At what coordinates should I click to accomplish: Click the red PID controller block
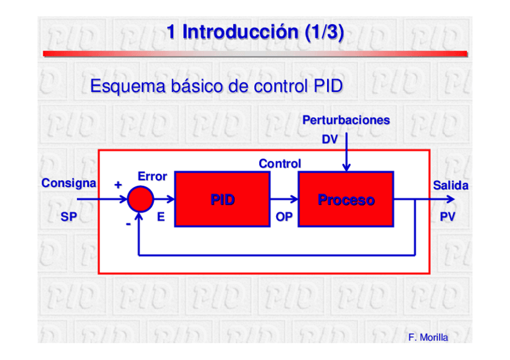click(222, 199)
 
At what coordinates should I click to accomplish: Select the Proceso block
click(346, 199)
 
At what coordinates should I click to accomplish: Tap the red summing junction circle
click(141, 198)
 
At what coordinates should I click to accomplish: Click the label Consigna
click(69, 183)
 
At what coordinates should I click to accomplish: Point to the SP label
click(69, 218)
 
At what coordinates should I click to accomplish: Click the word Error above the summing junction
click(152, 176)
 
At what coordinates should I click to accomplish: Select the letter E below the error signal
click(161, 218)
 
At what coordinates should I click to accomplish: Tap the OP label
click(284, 218)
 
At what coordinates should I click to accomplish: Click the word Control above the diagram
click(280, 163)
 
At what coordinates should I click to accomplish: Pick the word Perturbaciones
click(346, 120)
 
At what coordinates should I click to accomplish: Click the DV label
click(330, 139)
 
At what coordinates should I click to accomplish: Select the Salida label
click(450, 186)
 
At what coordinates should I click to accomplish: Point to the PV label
click(447, 218)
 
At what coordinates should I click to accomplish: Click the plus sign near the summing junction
click(118, 185)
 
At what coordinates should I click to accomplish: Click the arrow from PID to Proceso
click(284, 198)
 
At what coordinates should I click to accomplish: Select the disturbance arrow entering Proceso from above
click(346, 153)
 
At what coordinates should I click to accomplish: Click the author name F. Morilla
click(428, 337)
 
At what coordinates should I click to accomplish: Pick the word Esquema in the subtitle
click(118, 87)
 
